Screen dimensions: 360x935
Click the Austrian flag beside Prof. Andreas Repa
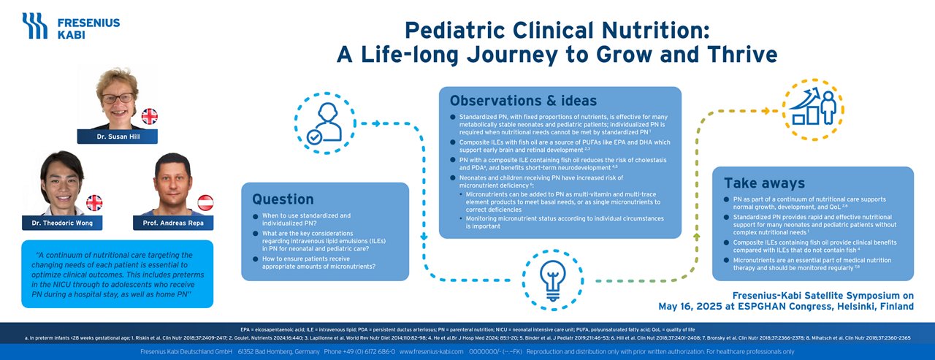[206, 202]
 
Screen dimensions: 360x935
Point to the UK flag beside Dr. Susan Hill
[149, 116]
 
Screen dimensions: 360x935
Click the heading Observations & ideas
[523, 101]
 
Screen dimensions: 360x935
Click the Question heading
[283, 199]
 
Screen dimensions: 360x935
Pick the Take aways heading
[763, 183]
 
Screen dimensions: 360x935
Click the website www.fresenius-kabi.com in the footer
[432, 352]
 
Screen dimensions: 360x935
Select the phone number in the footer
[358, 352]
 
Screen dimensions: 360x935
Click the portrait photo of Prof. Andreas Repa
[173, 183]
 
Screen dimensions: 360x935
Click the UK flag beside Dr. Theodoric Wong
[94, 202]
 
